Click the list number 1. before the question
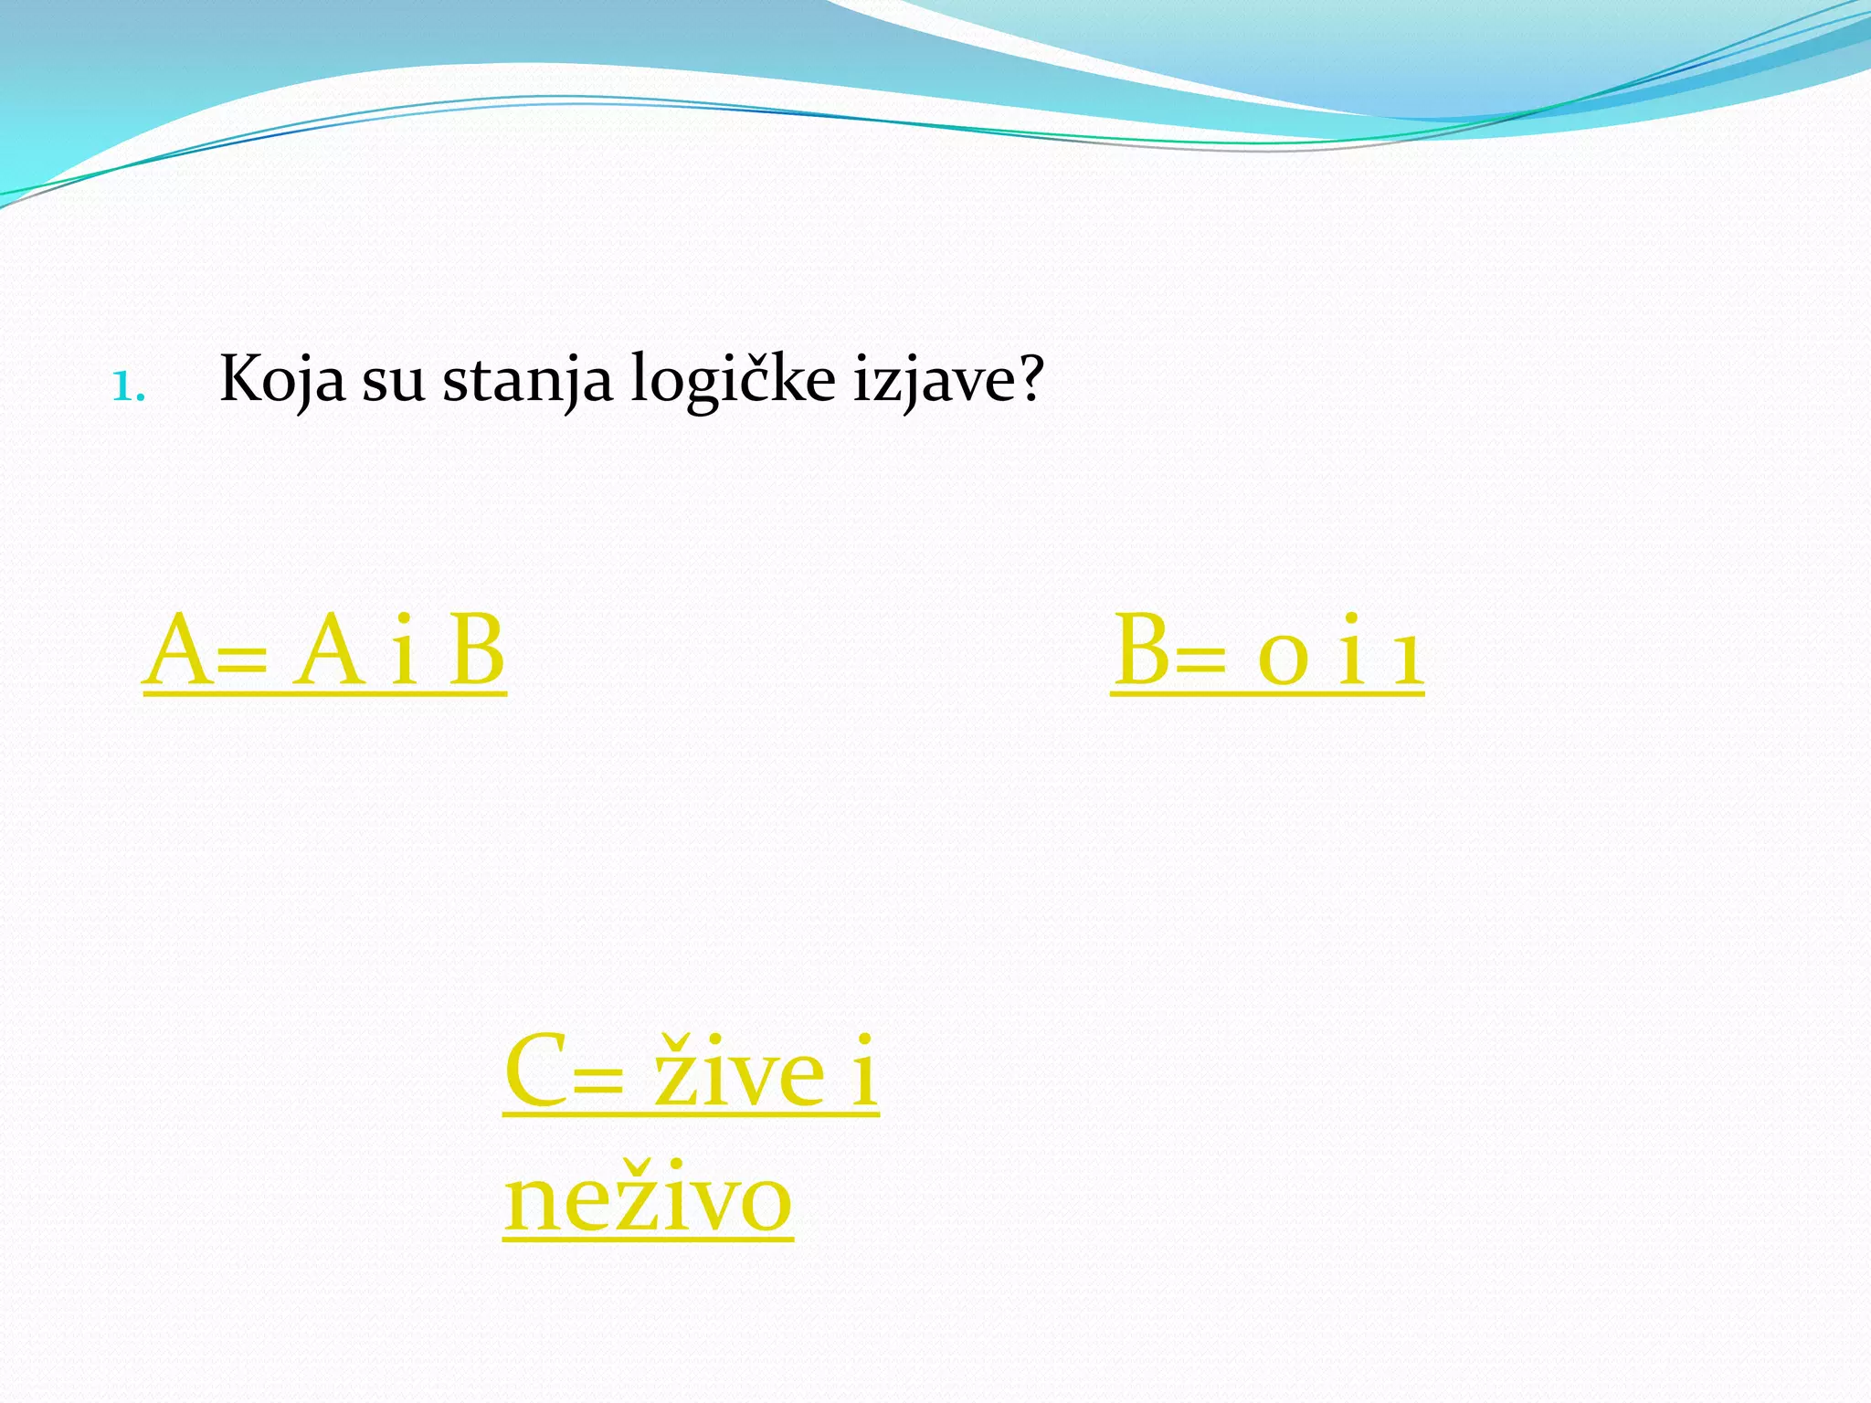click(128, 387)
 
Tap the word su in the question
click(393, 382)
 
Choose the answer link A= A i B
click(324, 650)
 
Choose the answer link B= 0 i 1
click(1267, 650)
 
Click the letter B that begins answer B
click(1142, 650)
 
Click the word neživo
click(648, 1198)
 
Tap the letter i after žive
click(863, 1071)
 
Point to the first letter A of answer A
click(177, 650)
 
